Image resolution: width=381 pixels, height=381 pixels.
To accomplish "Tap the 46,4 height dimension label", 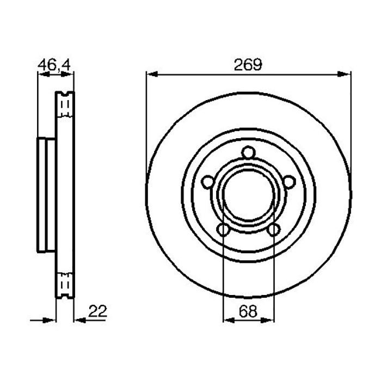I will click(x=53, y=64).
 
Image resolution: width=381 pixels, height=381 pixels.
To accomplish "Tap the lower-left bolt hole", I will click(x=224, y=230).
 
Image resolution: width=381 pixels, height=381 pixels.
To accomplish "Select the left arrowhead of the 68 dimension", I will click(x=228, y=321).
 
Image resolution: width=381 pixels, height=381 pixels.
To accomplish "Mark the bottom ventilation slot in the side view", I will click(x=65, y=284).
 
